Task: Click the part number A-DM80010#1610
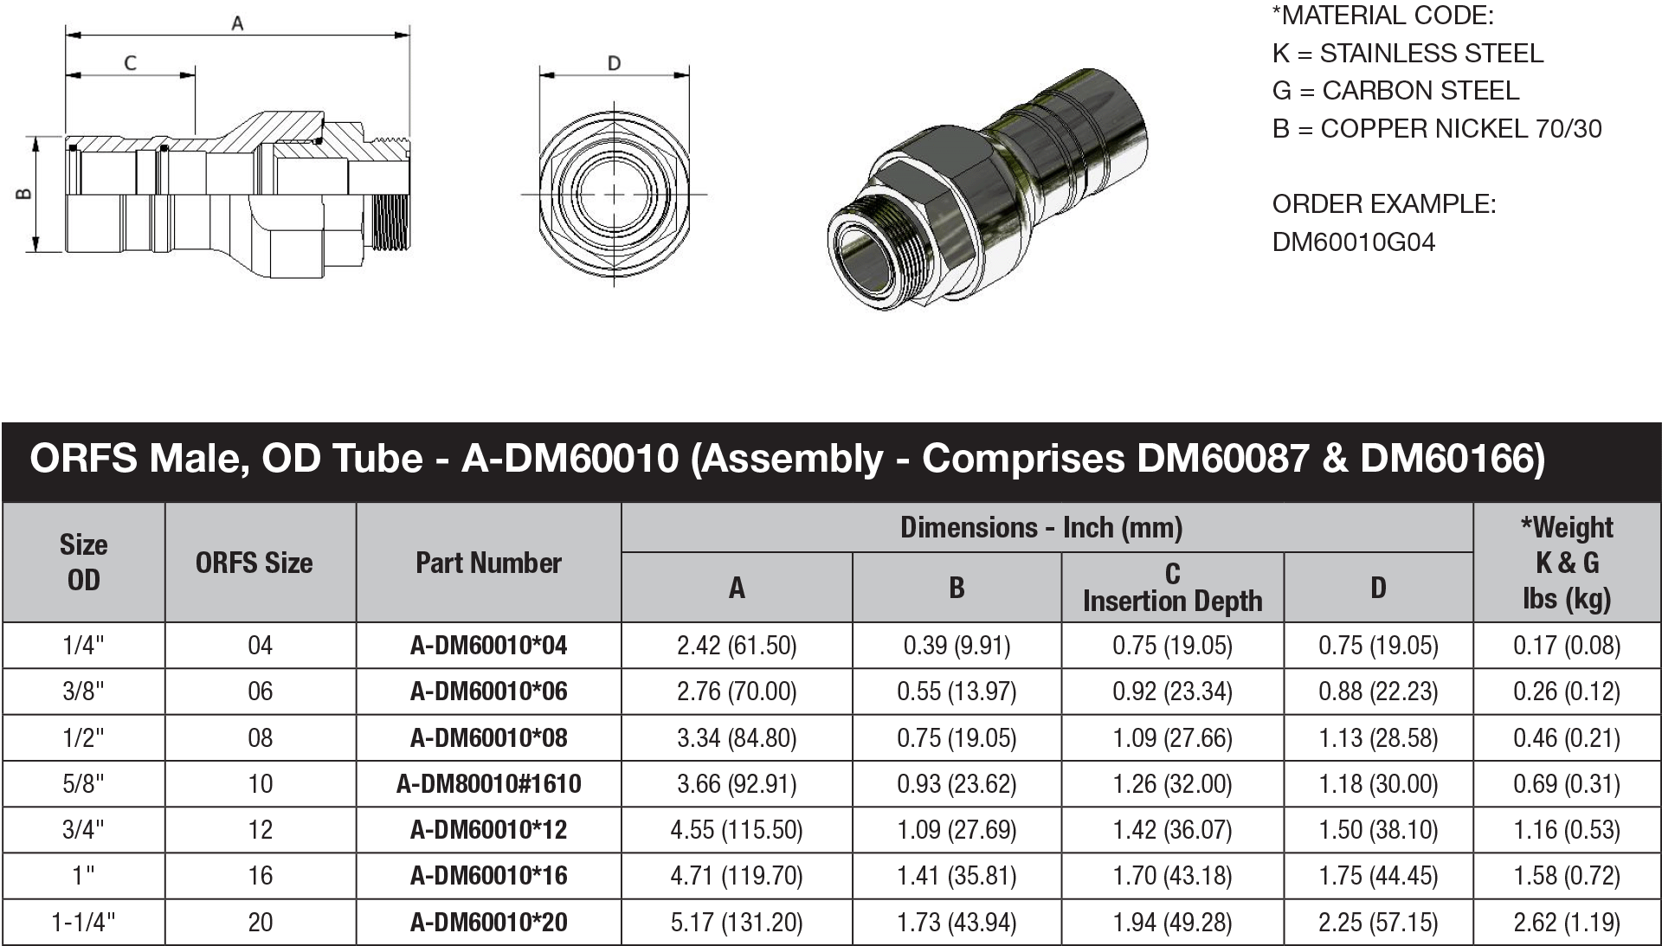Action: coord(488,784)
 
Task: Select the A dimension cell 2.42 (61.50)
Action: coord(737,646)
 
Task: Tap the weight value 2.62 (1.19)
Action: coord(1567,923)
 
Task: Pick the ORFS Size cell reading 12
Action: coord(260,830)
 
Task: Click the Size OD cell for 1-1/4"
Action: coord(83,923)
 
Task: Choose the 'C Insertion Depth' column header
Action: coord(1172,588)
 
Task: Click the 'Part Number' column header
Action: coord(488,563)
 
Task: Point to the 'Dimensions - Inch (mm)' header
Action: coord(1041,528)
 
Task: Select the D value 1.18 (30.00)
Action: coord(1378,784)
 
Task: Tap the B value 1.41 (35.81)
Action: coord(957,876)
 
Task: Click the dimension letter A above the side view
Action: coord(237,24)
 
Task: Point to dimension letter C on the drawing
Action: coord(131,63)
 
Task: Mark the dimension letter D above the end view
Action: coord(614,63)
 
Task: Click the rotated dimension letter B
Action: coord(25,194)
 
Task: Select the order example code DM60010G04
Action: coord(1353,242)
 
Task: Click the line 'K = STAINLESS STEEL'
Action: coord(1408,54)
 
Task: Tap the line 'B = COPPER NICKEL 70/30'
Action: coord(1436,129)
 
